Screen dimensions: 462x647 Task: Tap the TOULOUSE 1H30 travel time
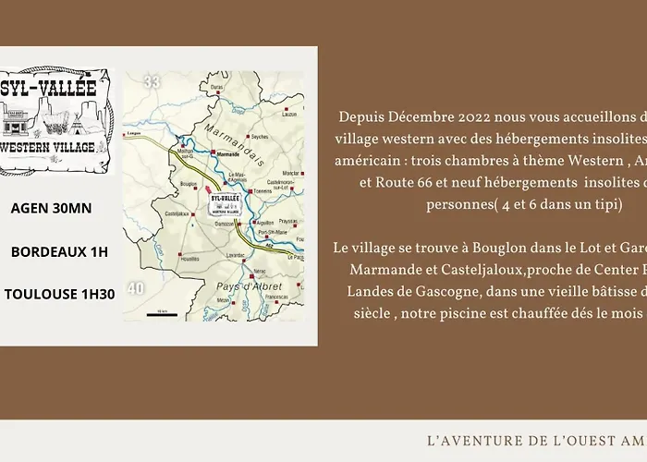pyautogui.click(x=59, y=295)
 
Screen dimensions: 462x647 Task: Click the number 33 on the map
pyautogui.click(x=153, y=82)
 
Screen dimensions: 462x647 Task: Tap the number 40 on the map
pyautogui.click(x=136, y=289)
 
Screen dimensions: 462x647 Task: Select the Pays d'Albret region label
pyautogui.click(x=243, y=287)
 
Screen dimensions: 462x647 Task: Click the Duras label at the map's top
pyautogui.click(x=218, y=86)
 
